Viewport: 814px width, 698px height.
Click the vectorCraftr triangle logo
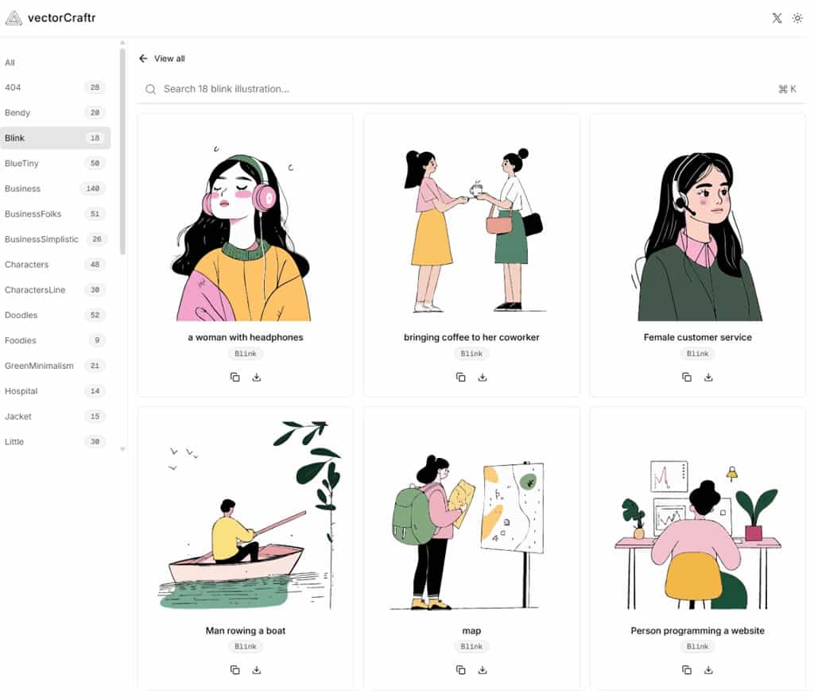14,18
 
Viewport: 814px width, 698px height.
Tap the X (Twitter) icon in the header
777,18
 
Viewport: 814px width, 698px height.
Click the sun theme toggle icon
797,18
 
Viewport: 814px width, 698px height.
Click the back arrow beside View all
143,59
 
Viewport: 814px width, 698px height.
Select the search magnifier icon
150,89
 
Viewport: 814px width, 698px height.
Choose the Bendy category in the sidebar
17,113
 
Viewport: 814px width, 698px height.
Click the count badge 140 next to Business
93,188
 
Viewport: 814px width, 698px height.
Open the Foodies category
21,341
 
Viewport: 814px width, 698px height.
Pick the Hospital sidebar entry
21,391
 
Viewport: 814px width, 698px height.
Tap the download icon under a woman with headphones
257,377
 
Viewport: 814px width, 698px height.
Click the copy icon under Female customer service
687,377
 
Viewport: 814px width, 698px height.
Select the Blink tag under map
471,646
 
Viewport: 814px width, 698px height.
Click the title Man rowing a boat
246,630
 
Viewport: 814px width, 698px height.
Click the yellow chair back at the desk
693,576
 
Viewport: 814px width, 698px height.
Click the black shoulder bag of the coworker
533,224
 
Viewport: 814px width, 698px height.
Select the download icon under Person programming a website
708,670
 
